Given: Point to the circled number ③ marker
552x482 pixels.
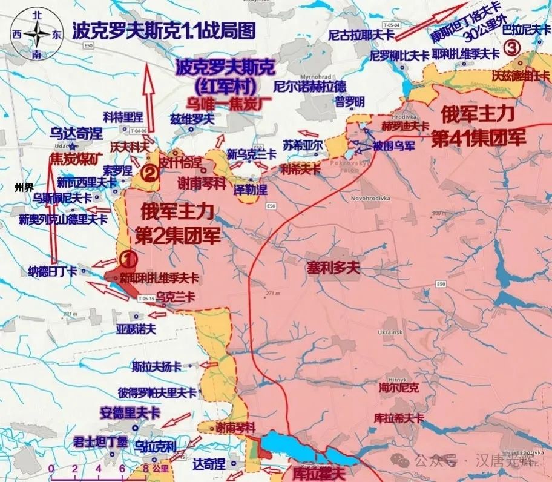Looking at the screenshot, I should point(512,48).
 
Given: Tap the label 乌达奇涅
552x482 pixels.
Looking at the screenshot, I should point(76,134).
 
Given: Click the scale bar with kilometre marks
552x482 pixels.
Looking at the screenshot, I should point(97,467).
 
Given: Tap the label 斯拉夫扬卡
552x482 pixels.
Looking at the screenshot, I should point(157,366).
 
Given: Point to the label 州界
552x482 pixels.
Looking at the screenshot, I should point(24,187).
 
